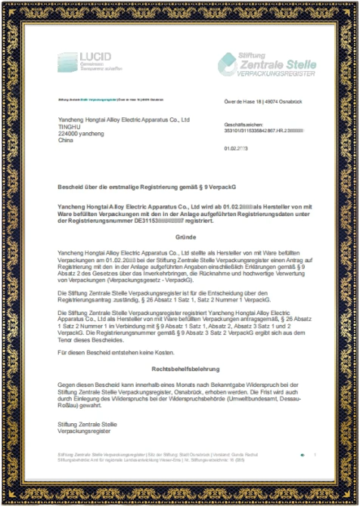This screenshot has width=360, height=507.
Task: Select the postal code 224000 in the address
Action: [x=70, y=133]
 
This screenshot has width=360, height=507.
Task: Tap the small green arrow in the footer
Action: [x=302, y=454]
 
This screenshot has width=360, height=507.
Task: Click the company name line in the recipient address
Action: [x=123, y=119]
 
